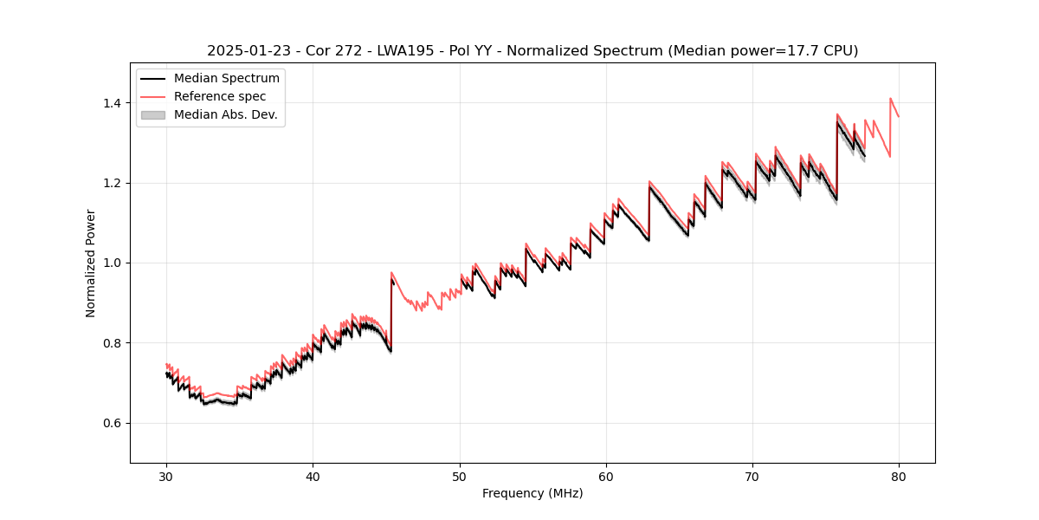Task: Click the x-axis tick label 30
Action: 166,476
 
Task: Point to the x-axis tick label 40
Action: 313,476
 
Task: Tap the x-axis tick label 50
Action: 459,476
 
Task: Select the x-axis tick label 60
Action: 606,476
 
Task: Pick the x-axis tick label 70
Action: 752,476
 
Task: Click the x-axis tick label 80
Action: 899,476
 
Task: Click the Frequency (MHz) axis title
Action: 532,493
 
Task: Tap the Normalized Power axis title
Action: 91,263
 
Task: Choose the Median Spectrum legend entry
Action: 226,79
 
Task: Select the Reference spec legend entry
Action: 220,96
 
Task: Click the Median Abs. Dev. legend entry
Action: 225,114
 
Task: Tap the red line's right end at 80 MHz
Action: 899,116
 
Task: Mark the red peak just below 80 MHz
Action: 890,99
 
